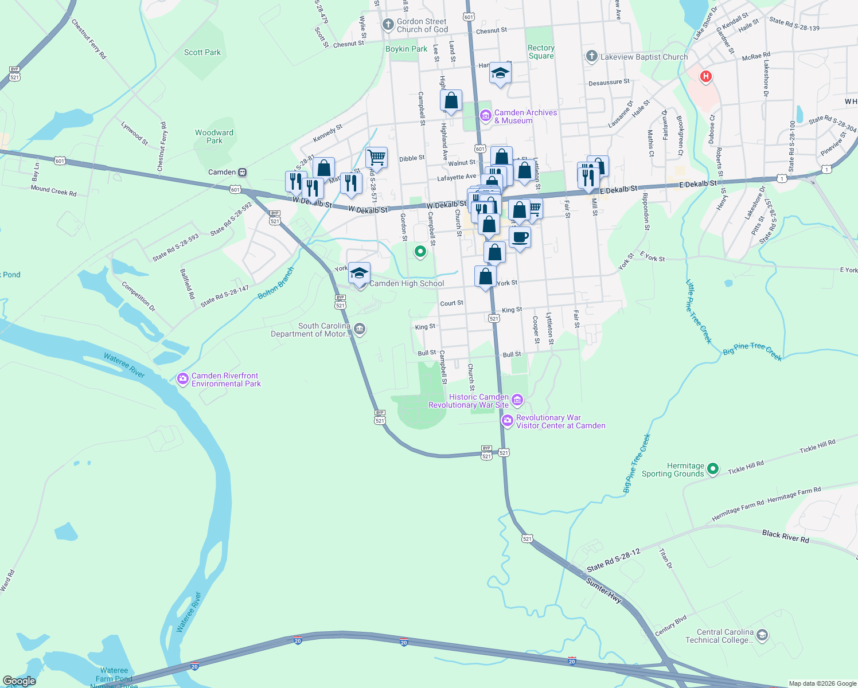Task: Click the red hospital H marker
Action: pyautogui.click(x=705, y=76)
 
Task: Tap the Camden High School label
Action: pyautogui.click(x=407, y=283)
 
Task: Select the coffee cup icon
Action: pyautogui.click(x=520, y=237)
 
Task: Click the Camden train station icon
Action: pyautogui.click(x=243, y=172)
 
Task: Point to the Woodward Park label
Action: pyautogui.click(x=214, y=136)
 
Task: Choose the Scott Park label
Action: pyautogui.click(x=202, y=52)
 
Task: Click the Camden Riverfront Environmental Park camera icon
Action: pyautogui.click(x=183, y=379)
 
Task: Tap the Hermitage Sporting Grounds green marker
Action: pyautogui.click(x=713, y=469)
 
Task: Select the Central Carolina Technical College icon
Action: pyautogui.click(x=762, y=635)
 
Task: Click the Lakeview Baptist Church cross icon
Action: pyautogui.click(x=592, y=56)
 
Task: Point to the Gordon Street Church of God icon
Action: pyautogui.click(x=388, y=25)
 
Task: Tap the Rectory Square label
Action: pyautogui.click(x=541, y=52)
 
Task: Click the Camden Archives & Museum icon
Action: pyautogui.click(x=486, y=116)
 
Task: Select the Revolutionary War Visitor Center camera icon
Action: pyautogui.click(x=507, y=421)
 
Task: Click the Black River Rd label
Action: pyautogui.click(x=785, y=536)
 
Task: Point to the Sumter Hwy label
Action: pyautogui.click(x=604, y=590)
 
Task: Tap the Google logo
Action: pyautogui.click(x=19, y=681)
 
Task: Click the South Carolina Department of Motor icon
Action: pyautogui.click(x=360, y=329)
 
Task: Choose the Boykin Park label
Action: pyautogui.click(x=406, y=49)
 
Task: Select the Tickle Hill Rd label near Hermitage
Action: pyautogui.click(x=746, y=467)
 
